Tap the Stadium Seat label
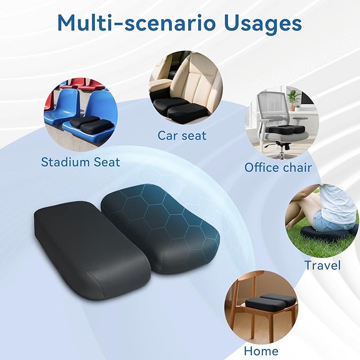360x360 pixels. coord(81,162)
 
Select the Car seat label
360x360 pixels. coord(182,135)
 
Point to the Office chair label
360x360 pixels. coord(278,168)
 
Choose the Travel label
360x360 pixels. coord(322,265)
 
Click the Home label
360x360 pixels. coord(261,351)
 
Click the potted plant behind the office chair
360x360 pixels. coord(293,99)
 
